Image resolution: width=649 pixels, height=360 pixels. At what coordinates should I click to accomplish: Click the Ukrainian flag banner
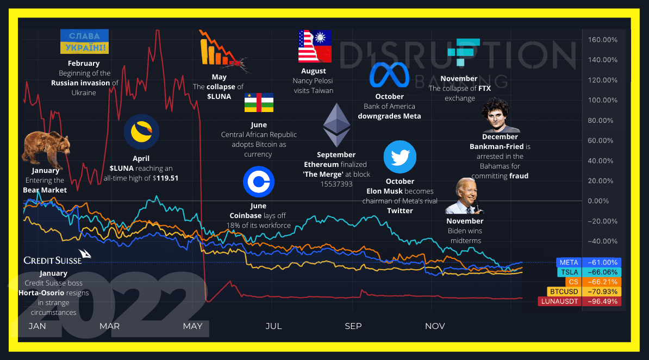click(x=84, y=42)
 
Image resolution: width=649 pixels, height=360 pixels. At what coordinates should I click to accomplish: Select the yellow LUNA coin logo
click(x=141, y=132)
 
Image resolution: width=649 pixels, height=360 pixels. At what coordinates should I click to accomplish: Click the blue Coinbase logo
click(x=258, y=182)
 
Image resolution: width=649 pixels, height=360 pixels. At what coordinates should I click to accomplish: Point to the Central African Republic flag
click(x=259, y=103)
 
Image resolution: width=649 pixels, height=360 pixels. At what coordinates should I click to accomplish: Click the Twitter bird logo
click(x=400, y=157)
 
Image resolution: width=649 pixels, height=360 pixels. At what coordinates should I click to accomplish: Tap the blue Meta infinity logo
click(x=389, y=75)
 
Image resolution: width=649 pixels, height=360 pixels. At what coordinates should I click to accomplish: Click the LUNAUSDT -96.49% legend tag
click(x=579, y=301)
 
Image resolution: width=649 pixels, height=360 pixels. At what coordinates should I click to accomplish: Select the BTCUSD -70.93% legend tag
click(x=584, y=291)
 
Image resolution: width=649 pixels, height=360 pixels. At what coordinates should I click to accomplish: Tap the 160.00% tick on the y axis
click(x=603, y=40)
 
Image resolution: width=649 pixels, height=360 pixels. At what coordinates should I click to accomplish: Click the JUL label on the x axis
click(x=273, y=326)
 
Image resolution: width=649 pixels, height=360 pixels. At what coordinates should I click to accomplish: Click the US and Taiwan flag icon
click(x=315, y=46)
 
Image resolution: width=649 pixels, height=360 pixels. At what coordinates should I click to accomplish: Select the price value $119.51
click(x=166, y=178)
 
